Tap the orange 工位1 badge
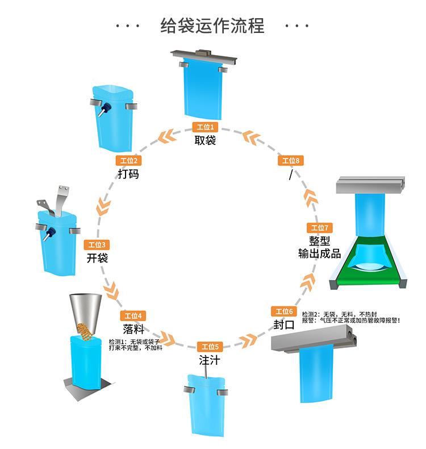point(205,127)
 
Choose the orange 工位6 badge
point(284,311)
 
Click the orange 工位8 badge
point(291,161)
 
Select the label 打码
point(128,174)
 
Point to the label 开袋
point(97,258)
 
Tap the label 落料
point(133,329)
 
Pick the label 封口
point(283,325)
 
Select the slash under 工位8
point(291,175)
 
